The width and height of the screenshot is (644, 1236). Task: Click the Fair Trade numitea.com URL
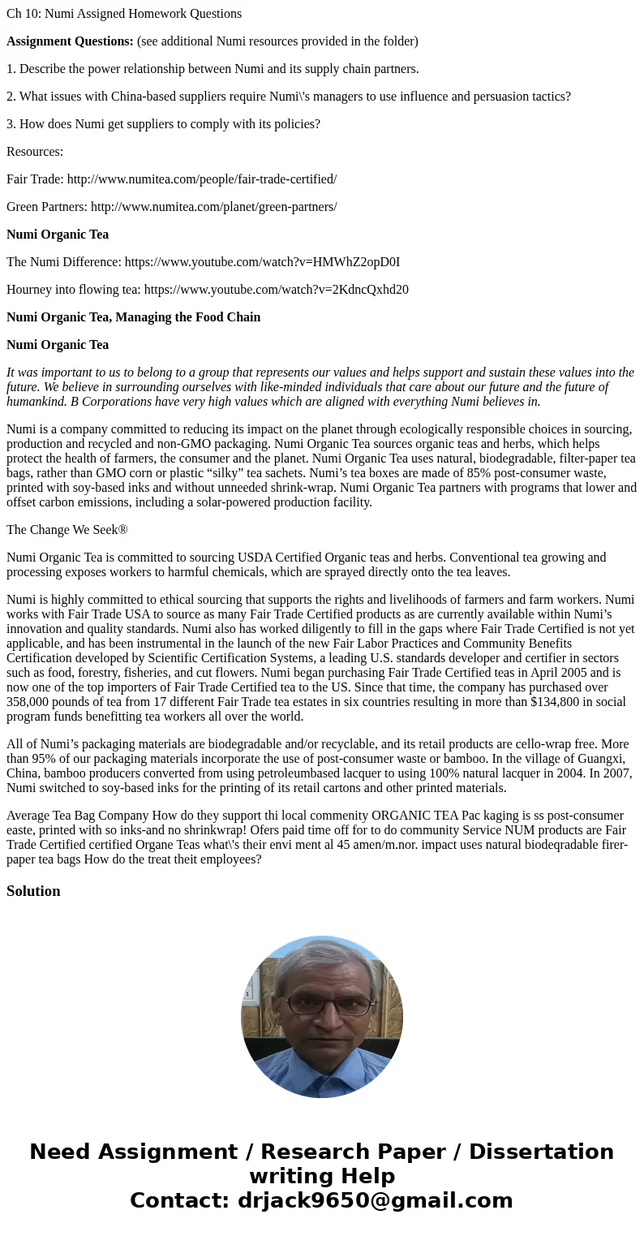click(x=201, y=179)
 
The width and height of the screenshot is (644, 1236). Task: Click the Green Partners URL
click(x=213, y=207)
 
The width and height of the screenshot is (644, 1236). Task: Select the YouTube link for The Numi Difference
click(x=262, y=262)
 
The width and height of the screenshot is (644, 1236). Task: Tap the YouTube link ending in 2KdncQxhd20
click(x=276, y=290)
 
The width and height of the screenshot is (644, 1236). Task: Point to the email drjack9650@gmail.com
click(x=375, y=1200)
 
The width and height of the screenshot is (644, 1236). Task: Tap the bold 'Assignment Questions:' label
click(x=70, y=41)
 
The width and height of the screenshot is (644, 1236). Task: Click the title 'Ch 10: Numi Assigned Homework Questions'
click(x=124, y=14)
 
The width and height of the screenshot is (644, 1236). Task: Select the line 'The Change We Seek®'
click(x=67, y=530)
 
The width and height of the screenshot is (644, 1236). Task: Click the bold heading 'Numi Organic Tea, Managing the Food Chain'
click(x=133, y=317)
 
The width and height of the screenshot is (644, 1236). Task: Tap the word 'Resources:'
click(x=35, y=152)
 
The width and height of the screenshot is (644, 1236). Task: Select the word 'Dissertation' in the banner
click(x=541, y=1152)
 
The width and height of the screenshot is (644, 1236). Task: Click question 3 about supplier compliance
click(x=163, y=124)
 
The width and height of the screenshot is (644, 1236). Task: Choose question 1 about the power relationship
click(x=213, y=69)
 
